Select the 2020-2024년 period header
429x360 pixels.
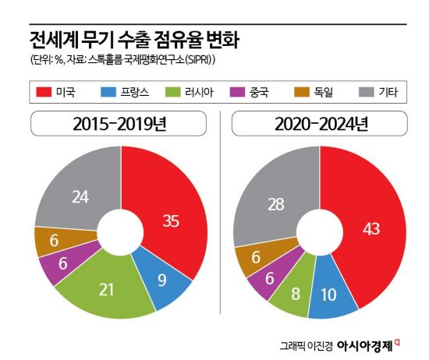(320, 124)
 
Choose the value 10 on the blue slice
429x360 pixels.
(329, 296)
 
